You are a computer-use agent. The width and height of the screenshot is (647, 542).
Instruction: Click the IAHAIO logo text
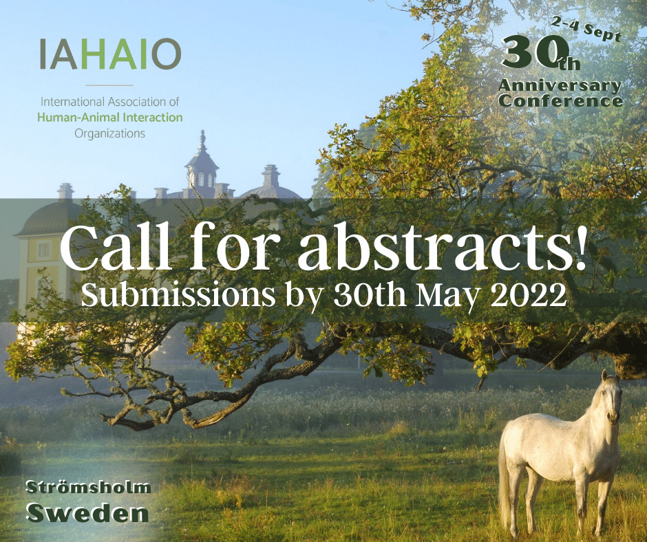point(110,54)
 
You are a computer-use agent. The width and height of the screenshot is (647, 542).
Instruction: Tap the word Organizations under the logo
point(109,133)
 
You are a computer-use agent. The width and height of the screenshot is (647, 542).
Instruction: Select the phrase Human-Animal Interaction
point(109,118)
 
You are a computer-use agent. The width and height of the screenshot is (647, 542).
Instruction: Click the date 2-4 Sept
point(586,30)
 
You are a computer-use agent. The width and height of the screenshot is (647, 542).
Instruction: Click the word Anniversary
point(560,86)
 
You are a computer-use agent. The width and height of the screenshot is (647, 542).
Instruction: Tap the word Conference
point(561,101)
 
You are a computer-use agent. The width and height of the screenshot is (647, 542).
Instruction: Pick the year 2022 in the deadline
point(529,294)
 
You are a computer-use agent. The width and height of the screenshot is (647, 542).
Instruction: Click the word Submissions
point(178,294)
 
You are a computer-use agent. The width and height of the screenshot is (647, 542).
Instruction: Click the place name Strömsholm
point(88,488)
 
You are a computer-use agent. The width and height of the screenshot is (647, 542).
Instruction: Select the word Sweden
point(87,512)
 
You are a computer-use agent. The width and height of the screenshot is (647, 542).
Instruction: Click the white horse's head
point(611,398)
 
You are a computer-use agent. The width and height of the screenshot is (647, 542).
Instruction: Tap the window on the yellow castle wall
point(44,250)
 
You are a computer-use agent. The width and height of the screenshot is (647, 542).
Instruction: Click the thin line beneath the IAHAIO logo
point(109,85)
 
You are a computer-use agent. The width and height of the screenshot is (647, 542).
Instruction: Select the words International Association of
point(109,102)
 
